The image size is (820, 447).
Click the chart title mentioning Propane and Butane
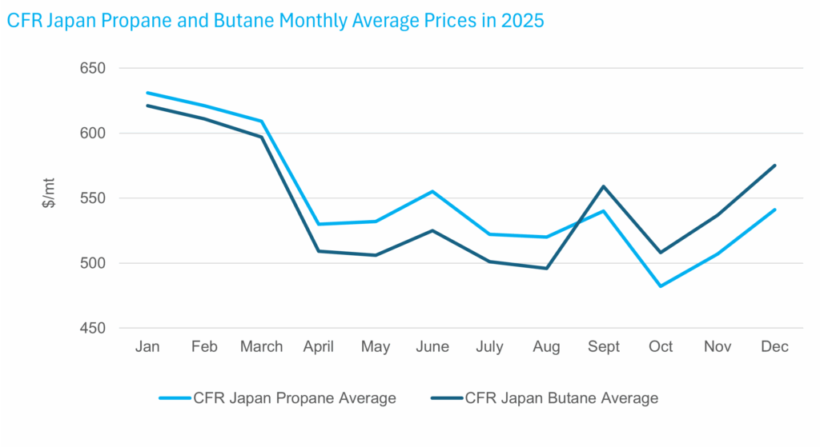click(275, 22)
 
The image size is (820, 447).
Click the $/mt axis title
click(49, 198)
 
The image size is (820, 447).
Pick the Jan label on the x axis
click(148, 346)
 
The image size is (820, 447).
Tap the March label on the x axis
click(262, 346)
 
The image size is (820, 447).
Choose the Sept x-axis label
click(604, 346)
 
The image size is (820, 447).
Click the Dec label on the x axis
click(775, 346)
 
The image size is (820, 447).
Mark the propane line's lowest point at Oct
click(661, 286)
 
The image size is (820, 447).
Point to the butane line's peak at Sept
click(604, 186)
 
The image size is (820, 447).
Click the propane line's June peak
click(432, 191)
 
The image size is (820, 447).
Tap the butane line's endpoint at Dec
click(775, 166)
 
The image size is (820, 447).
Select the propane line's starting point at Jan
click(148, 93)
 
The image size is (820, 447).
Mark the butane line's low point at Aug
click(547, 268)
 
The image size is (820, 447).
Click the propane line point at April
click(319, 224)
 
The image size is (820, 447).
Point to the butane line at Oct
click(661, 253)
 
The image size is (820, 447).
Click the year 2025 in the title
click(522, 22)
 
